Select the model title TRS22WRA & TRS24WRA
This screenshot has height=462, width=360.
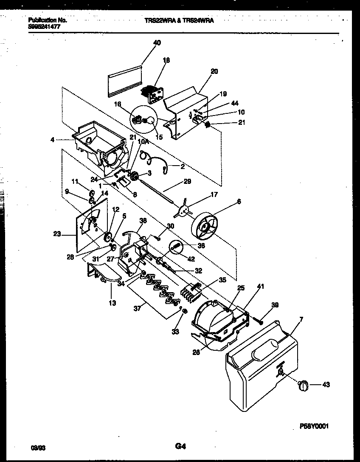tap(179, 20)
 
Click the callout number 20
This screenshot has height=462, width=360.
tap(214, 72)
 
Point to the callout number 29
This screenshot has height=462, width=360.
tap(187, 181)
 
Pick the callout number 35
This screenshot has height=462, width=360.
tap(222, 280)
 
